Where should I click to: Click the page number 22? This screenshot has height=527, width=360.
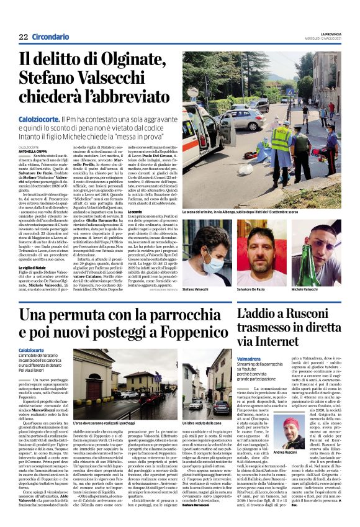pyautogui.click(x=23, y=37)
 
